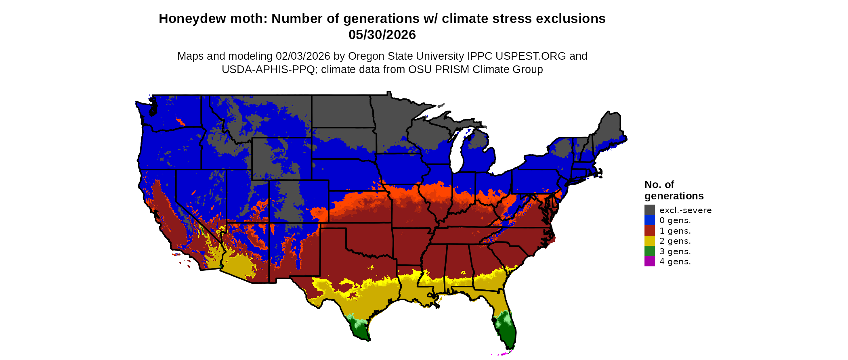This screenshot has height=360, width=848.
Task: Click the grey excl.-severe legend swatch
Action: coord(649,210)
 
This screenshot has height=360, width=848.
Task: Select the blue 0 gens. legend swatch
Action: coord(649,220)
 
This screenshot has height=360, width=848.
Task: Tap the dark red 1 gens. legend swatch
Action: coord(649,230)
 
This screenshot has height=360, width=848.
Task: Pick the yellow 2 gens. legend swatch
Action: coord(649,241)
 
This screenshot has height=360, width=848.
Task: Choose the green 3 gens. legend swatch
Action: coord(649,251)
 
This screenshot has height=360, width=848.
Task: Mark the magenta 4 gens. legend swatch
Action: coord(649,262)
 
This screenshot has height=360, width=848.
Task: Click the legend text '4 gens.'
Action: coord(675,262)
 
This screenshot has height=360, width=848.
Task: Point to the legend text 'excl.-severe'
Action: coord(685,210)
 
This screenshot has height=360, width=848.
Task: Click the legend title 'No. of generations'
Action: coord(674,190)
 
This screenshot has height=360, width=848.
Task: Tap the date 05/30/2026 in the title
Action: coord(382,35)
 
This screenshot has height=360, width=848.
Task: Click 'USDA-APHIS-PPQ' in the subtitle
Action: coord(268,69)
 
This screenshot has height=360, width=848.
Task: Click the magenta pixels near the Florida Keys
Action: coord(503,354)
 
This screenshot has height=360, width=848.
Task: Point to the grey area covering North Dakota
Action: coord(341,111)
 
